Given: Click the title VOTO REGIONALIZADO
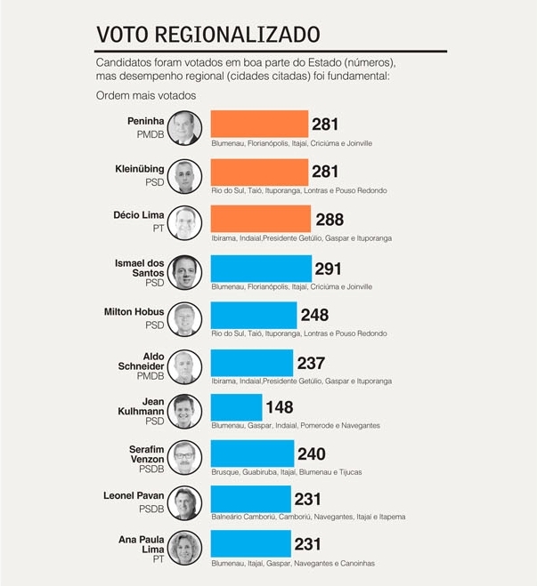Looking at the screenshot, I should [207, 35].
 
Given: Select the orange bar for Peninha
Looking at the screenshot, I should [259, 124].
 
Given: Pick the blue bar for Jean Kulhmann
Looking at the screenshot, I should [236, 407].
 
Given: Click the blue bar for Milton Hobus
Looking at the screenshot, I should [253, 315].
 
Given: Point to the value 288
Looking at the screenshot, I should [329, 220].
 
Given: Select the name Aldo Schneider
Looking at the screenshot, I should [142, 361].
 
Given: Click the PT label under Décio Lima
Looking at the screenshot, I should [157, 229].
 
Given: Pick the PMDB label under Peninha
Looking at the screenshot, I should [150, 133].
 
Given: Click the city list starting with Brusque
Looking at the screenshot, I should [286, 472].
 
